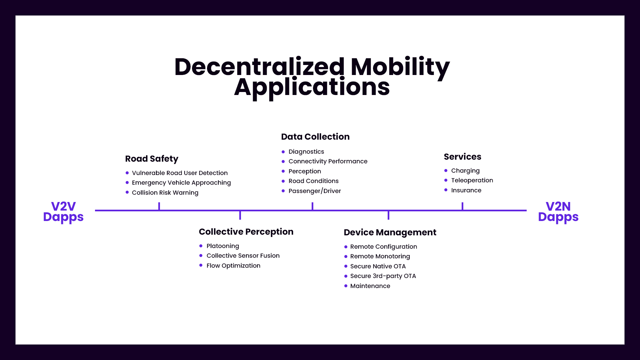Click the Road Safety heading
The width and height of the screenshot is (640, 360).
(x=152, y=159)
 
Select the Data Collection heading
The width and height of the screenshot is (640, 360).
(x=315, y=137)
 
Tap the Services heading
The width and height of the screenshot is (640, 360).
(x=462, y=157)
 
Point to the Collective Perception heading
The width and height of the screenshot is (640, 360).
(x=246, y=232)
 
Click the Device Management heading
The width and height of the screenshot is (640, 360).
(x=390, y=232)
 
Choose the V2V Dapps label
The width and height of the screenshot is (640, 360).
(x=63, y=212)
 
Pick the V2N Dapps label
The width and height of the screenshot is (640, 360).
(x=558, y=212)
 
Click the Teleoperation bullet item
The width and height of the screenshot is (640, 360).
(x=472, y=180)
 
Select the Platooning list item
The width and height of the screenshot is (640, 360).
(x=223, y=246)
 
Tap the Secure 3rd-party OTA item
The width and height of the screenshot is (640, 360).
(x=383, y=276)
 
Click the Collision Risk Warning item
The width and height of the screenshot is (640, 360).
(x=165, y=193)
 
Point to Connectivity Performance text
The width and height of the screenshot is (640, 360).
(x=328, y=161)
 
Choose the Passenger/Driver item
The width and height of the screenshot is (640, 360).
(x=315, y=191)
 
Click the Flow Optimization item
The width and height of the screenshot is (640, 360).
(x=233, y=266)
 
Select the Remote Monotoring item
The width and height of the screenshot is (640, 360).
(x=380, y=256)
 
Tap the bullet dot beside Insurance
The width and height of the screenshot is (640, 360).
(x=446, y=190)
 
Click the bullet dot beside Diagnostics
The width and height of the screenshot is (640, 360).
(x=283, y=152)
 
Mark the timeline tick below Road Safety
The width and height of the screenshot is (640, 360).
(x=159, y=206)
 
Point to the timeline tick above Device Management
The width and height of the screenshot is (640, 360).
(x=388, y=215)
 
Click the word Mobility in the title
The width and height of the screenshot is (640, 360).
(x=400, y=67)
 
